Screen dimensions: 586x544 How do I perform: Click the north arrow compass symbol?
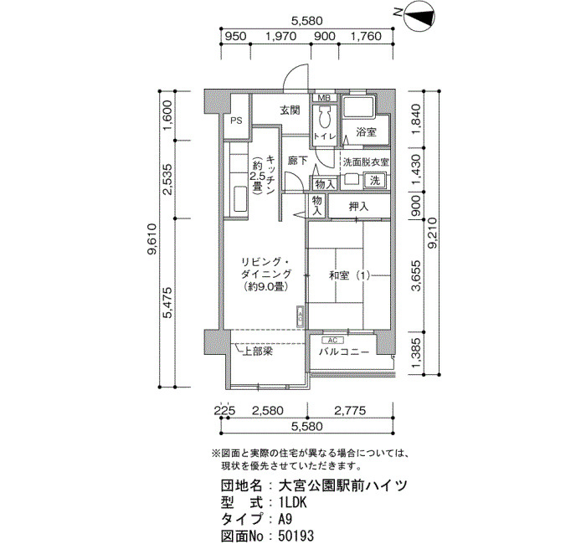(419, 15)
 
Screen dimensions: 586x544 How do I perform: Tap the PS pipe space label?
(236, 121)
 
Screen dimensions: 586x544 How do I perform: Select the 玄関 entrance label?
(290, 110)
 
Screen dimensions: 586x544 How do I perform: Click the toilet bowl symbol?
(324, 117)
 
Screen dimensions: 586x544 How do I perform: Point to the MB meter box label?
(324, 98)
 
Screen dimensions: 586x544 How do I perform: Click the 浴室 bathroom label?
(366, 131)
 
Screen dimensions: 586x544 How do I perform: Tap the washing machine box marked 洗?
(374, 181)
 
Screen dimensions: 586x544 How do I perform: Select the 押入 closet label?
(359, 206)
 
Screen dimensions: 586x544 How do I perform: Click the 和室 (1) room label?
(349, 275)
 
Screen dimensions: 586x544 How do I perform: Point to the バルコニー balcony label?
(344, 352)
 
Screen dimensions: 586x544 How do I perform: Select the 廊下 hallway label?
(297, 161)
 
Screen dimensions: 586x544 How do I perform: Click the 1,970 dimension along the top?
(280, 36)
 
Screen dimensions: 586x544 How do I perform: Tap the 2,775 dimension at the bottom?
(350, 411)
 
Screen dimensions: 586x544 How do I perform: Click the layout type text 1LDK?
(293, 503)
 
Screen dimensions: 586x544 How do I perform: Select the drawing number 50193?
(296, 535)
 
